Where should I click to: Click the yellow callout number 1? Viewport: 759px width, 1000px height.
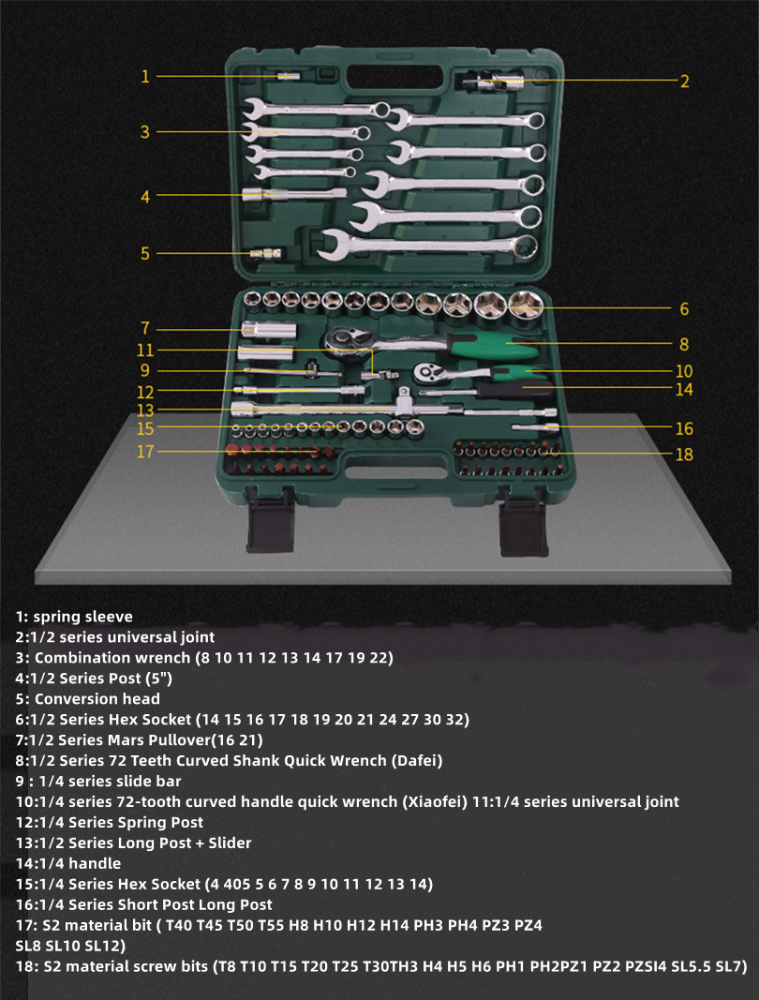(145, 77)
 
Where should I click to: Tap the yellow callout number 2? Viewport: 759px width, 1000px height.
(684, 81)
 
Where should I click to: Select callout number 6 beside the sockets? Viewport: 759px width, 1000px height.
(684, 308)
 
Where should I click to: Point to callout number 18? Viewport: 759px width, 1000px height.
(684, 455)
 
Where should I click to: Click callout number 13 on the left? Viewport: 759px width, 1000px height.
(145, 410)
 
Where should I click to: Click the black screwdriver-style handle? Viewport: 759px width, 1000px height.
(515, 389)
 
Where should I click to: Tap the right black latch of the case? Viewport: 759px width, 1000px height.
(523, 522)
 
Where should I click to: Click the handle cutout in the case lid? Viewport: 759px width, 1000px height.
(395, 79)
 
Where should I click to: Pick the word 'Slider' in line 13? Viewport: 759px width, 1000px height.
(230, 843)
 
